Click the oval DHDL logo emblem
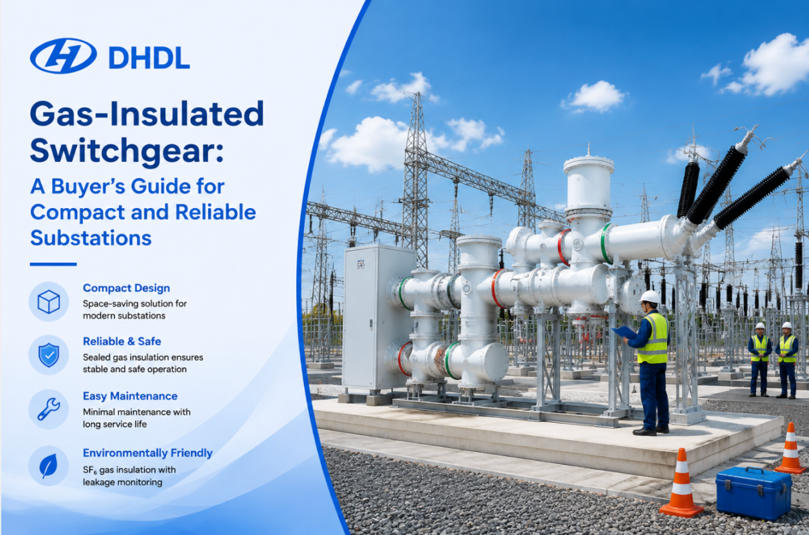64,56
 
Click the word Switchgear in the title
127,152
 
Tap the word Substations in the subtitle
90,237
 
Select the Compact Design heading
127,288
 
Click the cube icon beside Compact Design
49,302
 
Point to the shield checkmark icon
49,355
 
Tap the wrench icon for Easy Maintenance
49,409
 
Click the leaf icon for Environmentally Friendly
48,465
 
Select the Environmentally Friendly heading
148,453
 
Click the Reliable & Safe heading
122,341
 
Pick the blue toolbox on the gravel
753,493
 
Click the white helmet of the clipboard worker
650,296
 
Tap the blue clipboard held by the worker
624,332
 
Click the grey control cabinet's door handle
371,324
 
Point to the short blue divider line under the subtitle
53,264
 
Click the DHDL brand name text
149,58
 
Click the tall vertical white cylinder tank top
589,163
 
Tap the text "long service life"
115,424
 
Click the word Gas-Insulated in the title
147,114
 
